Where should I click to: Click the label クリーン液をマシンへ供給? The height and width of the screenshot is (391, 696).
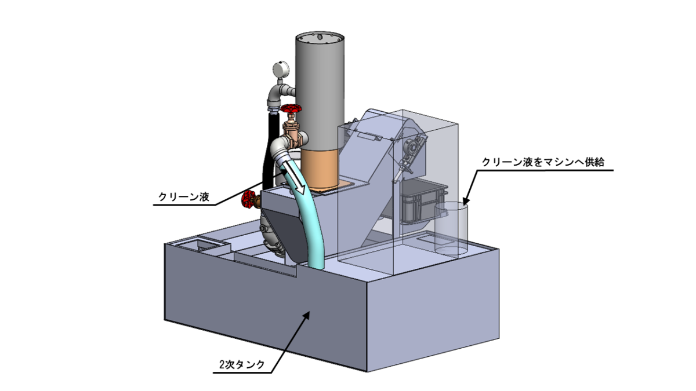(x=543, y=162)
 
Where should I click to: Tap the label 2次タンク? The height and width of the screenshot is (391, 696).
(x=242, y=364)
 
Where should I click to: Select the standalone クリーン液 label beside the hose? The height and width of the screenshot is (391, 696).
(x=184, y=197)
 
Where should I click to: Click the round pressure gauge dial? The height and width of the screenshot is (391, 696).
(x=281, y=68)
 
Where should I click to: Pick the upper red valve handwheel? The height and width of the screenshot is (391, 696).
(x=291, y=109)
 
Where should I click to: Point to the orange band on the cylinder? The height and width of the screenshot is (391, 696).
(x=320, y=169)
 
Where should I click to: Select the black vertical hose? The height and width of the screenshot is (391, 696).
(x=269, y=149)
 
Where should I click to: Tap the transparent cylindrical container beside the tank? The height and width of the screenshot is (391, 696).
(x=451, y=228)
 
